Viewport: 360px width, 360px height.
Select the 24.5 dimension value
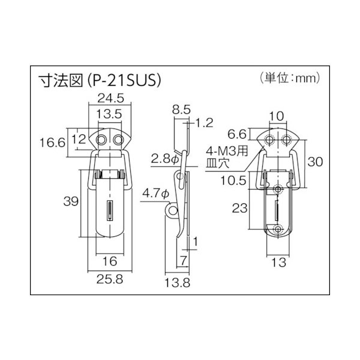(x=107, y=98)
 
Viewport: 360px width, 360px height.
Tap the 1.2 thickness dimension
(x=205, y=124)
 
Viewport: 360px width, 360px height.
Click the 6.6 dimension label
(x=238, y=133)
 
